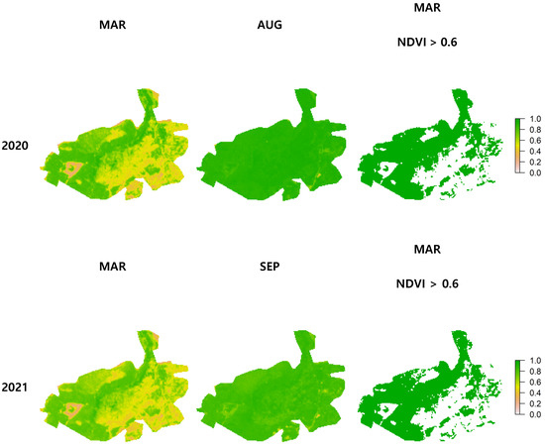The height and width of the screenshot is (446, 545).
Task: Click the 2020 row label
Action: click(15, 146)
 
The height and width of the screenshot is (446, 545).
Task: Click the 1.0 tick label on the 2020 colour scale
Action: click(535, 119)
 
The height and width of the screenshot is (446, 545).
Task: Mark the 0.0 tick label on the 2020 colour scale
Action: click(535, 172)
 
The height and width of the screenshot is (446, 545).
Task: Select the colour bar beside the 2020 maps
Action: click(519, 146)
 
